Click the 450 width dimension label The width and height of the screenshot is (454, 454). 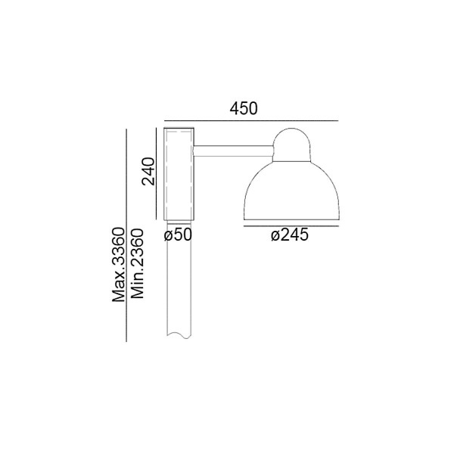click(x=244, y=109)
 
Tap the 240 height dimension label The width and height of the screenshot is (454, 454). click(x=148, y=171)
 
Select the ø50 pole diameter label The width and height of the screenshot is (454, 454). click(x=178, y=235)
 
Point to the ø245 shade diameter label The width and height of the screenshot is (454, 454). click(x=290, y=235)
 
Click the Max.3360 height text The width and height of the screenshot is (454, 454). click(x=119, y=265)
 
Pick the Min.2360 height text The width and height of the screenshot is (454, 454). click(x=137, y=263)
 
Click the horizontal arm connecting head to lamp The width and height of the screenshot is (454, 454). click(x=233, y=151)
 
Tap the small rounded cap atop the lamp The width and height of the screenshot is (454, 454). click(x=292, y=145)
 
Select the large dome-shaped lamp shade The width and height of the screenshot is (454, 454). click(x=291, y=191)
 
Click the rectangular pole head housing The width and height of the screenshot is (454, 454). click(x=179, y=174)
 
